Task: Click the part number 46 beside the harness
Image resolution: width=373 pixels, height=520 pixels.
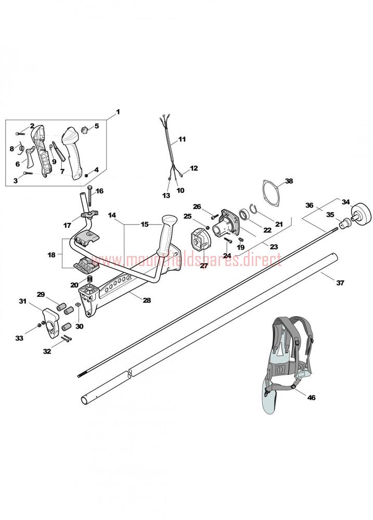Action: [x=311, y=397]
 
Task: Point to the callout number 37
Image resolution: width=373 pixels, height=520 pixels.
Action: [x=340, y=283]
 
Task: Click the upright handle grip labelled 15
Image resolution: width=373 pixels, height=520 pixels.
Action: [x=168, y=235]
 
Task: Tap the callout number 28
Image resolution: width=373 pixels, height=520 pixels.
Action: [x=147, y=300]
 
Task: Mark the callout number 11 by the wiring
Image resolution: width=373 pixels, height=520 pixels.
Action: [x=182, y=139]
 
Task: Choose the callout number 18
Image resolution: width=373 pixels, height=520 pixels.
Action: [x=52, y=255]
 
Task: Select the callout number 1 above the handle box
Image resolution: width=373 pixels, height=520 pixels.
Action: [x=118, y=112]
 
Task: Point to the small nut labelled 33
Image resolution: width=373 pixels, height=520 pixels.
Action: [x=40, y=324]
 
